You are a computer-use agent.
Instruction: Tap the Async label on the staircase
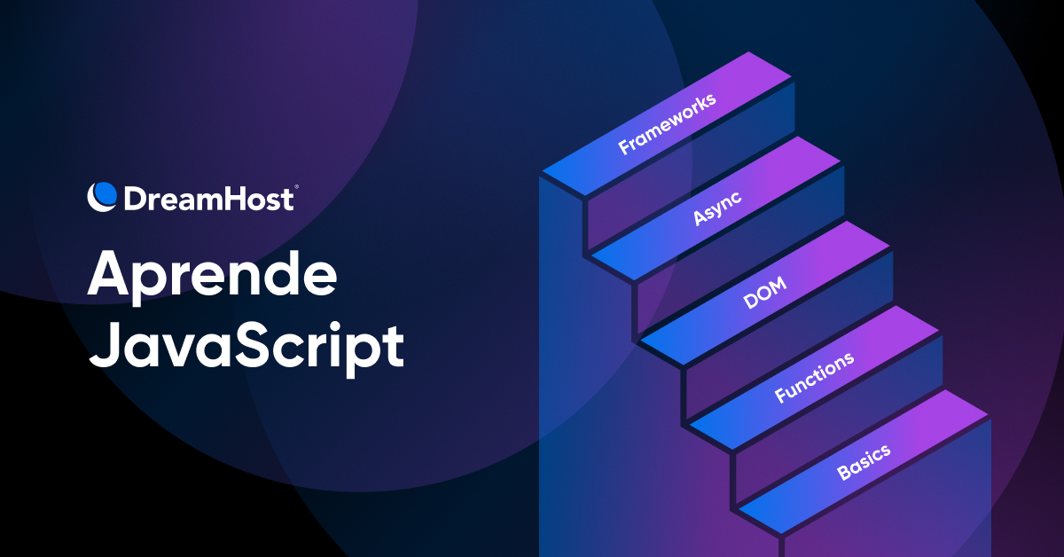(x=717, y=207)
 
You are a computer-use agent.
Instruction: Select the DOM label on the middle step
(x=764, y=293)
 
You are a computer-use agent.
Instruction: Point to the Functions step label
(x=814, y=377)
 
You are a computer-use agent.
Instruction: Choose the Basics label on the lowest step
(x=864, y=462)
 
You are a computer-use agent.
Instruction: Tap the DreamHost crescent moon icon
(x=103, y=196)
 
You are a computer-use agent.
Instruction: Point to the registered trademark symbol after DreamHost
(x=295, y=187)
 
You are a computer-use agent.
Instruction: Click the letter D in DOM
(x=748, y=302)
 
